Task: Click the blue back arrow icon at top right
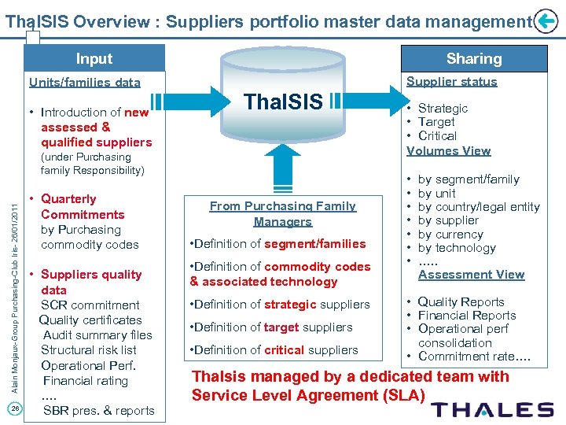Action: tap(546, 22)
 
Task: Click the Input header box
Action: tap(94, 59)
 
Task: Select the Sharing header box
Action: tap(473, 59)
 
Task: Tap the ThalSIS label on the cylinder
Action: tap(283, 102)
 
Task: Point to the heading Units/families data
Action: tap(84, 82)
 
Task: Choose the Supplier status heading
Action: tap(451, 81)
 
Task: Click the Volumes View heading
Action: tap(448, 150)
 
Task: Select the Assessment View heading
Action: tap(471, 274)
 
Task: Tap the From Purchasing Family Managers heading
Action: tap(283, 213)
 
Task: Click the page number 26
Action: tap(15, 407)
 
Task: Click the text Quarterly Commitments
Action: tap(82, 206)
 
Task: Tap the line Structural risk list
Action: tap(88, 350)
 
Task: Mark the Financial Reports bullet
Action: tap(466, 316)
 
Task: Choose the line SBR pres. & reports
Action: tap(98, 410)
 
